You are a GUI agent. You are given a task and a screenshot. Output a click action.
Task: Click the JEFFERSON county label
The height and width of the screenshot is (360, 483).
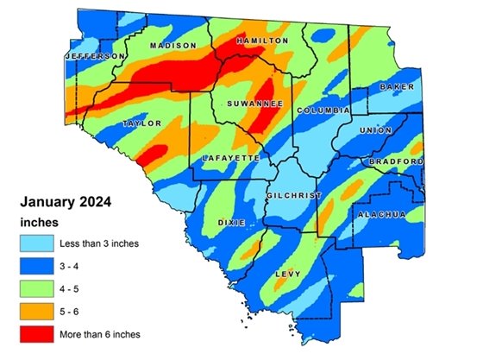click(96, 56)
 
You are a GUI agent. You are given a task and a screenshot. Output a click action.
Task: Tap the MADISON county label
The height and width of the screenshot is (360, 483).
click(172, 45)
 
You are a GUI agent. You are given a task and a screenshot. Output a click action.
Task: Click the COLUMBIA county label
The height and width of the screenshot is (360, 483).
click(323, 111)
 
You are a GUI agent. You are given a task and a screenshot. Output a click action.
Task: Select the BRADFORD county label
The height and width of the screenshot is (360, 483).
click(396, 161)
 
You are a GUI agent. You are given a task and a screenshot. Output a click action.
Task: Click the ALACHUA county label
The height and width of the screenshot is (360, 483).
click(382, 213)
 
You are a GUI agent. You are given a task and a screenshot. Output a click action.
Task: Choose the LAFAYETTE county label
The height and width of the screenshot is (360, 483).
click(230, 159)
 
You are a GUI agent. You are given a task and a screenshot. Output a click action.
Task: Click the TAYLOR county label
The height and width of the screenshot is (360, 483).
click(141, 123)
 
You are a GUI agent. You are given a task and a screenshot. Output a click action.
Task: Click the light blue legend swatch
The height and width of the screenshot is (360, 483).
click(36, 243)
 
